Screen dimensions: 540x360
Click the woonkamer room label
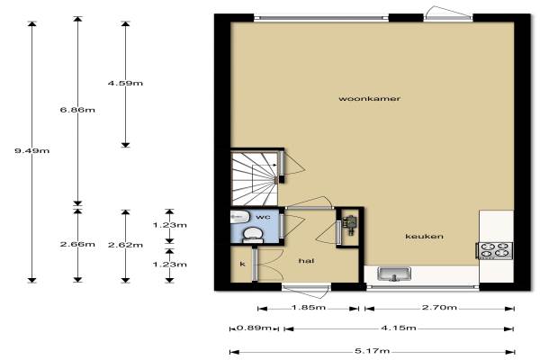pos(370,98)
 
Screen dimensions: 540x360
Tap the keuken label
pos(424,237)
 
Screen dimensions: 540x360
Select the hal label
pos(306,261)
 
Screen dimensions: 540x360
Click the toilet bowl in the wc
pos(252,234)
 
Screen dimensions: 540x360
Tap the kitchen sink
pos(394,274)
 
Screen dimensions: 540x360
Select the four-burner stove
pos(495,250)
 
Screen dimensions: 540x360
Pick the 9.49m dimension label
pos(32,150)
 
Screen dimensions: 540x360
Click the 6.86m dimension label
pos(77,110)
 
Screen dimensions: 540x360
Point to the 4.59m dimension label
pos(125,83)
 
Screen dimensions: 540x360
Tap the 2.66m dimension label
pos(77,244)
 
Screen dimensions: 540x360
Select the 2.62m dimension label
pos(125,245)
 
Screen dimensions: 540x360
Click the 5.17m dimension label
pos(373,351)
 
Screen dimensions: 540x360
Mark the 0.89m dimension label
pos(254,328)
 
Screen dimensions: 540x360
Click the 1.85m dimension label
pos(308,307)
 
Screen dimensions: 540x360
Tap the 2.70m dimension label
pos(439,307)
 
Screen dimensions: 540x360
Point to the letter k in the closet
pos(242,264)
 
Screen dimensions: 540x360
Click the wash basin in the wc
pos(239,217)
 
